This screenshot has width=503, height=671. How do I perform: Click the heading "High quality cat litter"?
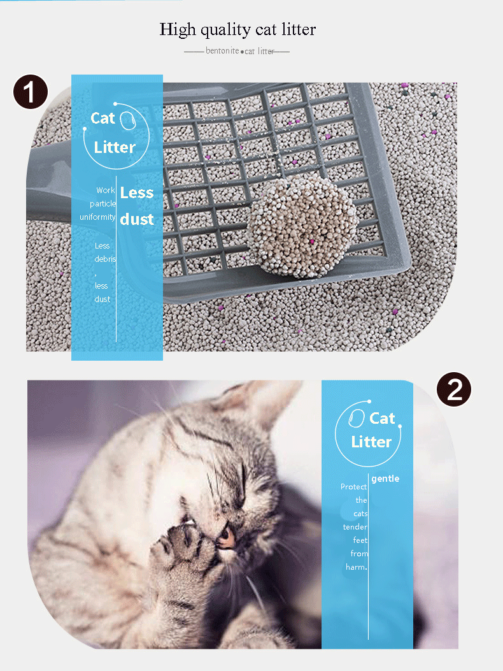tap(237, 29)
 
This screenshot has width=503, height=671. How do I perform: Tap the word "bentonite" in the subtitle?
tap(222, 50)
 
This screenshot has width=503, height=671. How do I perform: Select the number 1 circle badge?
tap(31, 92)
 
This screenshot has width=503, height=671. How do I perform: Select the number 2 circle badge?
tap(454, 388)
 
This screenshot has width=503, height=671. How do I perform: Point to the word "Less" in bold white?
tap(137, 192)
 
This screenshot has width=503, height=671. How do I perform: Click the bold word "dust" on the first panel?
tap(137, 219)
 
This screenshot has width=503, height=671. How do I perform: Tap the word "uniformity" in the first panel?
tap(97, 217)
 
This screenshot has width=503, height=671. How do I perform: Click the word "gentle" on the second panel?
tap(385, 479)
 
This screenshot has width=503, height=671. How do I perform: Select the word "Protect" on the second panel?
tap(353, 487)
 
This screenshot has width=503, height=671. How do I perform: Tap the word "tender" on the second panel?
tap(355, 527)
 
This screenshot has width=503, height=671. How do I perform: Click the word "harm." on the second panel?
tap(357, 567)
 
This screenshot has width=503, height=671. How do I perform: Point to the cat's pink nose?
tap(226, 537)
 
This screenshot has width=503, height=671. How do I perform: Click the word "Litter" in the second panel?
tap(371, 442)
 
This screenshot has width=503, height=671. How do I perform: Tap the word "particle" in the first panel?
tap(103, 203)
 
